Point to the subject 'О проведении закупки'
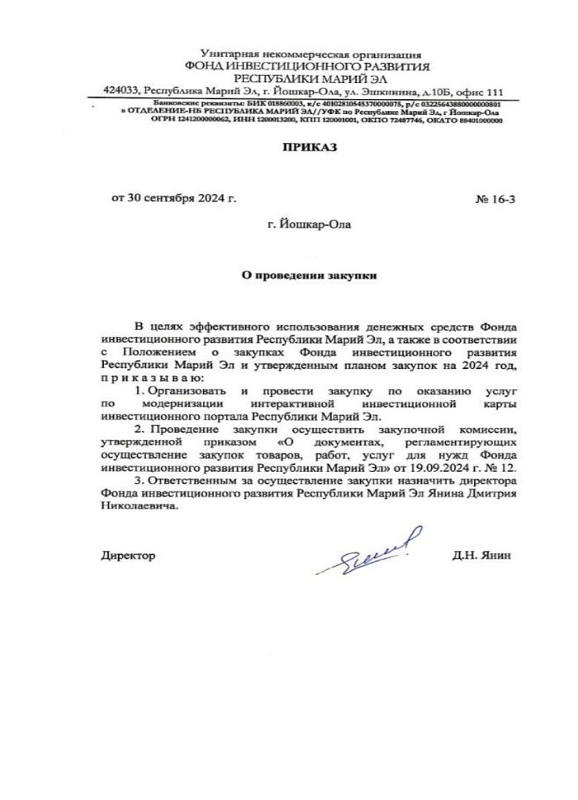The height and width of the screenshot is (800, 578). [309, 276]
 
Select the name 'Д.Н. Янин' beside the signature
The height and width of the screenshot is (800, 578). [480, 555]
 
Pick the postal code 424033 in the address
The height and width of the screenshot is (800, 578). [120, 91]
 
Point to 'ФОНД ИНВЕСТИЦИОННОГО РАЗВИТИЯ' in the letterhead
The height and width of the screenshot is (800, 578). [310, 67]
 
